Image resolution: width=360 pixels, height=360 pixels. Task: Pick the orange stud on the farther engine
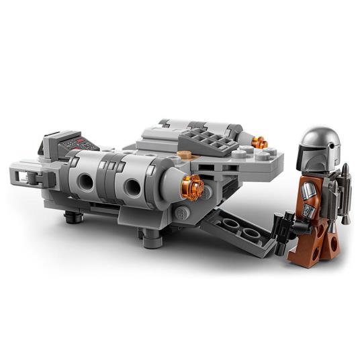click(259, 142)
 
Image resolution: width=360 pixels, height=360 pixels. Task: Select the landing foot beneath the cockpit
click(74, 216)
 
